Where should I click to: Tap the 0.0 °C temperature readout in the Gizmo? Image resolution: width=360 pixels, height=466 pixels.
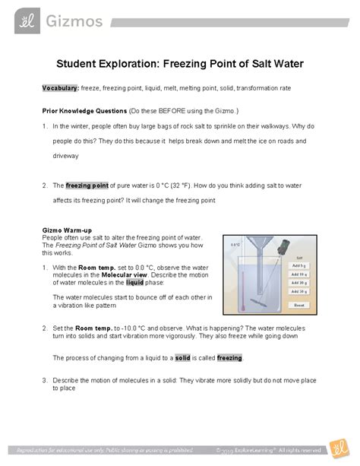pyautogui.click(x=235, y=245)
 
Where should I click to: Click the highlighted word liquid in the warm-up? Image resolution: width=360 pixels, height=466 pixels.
pyautogui.click(x=134, y=281)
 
